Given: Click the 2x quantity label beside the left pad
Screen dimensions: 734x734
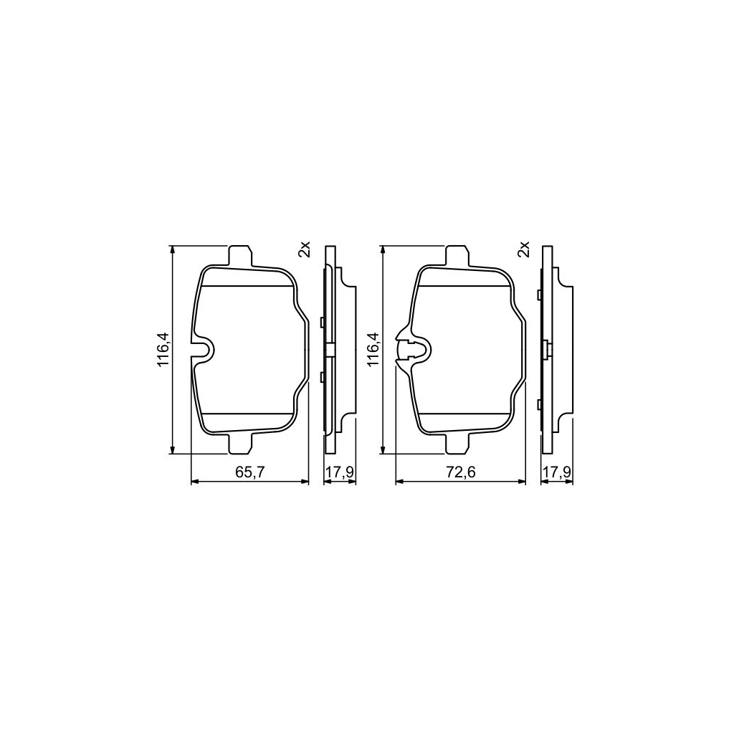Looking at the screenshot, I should click(305, 249).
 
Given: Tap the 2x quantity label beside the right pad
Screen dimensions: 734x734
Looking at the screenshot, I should click(523, 249).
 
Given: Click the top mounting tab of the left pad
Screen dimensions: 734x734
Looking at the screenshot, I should click(239, 256).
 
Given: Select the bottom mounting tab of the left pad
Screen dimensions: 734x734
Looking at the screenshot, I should click(239, 444).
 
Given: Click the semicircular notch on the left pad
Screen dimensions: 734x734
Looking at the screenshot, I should click(205, 350).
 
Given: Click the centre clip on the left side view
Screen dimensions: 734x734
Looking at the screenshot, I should click(330, 349).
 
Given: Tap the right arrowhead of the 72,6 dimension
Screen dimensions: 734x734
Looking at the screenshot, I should click(522, 482).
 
